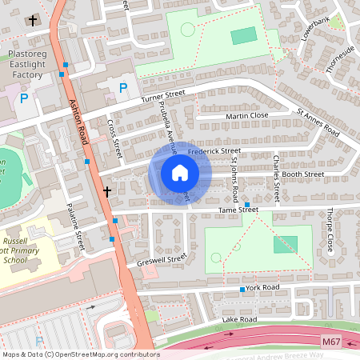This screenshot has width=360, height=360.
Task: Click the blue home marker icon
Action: pos(180,173)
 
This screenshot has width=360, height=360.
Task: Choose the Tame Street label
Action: pos(238,210)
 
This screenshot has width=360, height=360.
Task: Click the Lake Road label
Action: pos(239,319)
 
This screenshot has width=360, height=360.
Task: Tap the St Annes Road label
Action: pos(318,122)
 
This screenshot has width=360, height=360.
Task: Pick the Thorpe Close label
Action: pos(329,231)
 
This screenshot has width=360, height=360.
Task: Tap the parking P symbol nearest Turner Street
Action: pos(122,88)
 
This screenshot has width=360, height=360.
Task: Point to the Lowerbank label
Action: pos(316,30)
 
